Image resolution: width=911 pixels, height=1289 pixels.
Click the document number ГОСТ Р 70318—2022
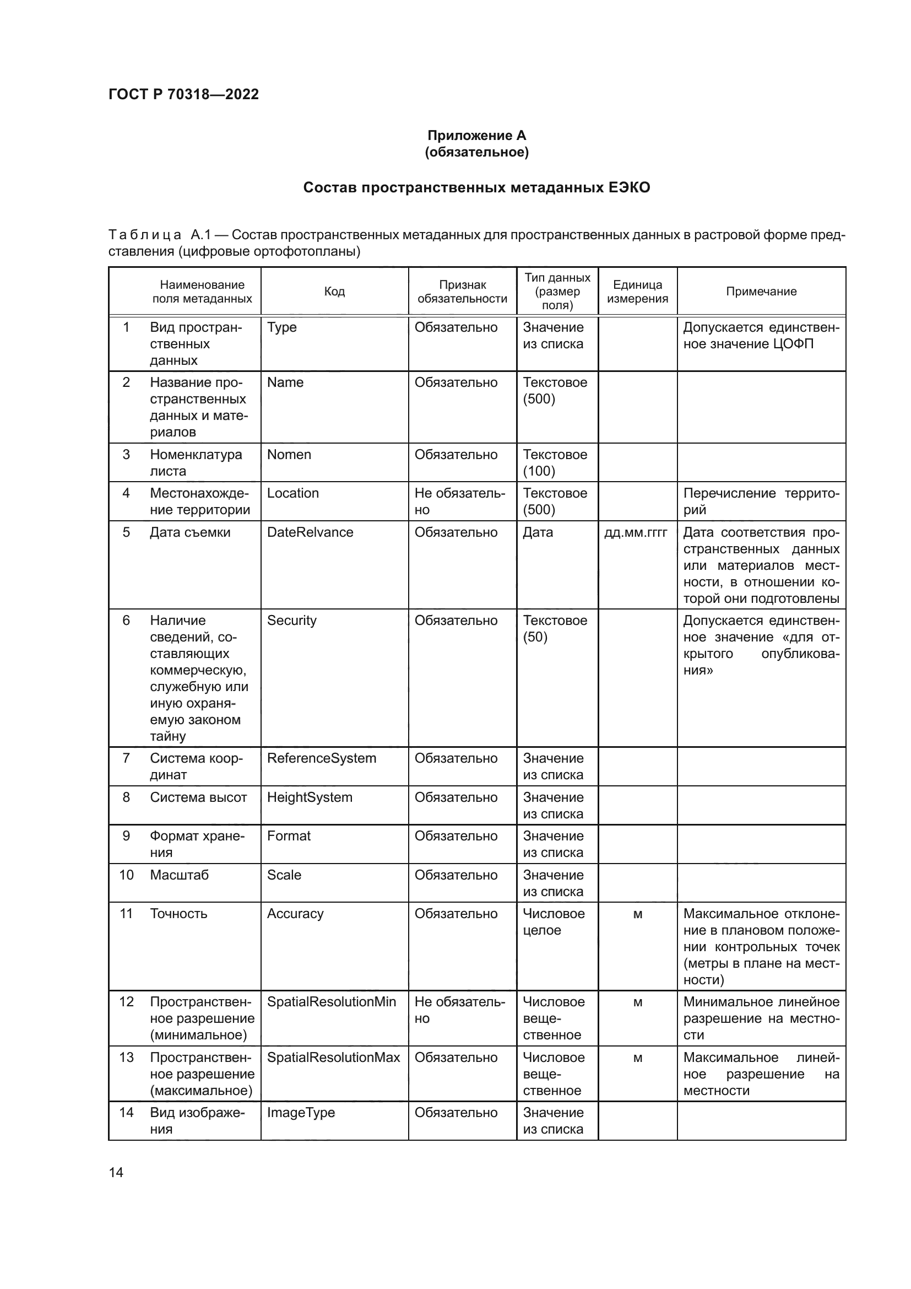click(x=183, y=94)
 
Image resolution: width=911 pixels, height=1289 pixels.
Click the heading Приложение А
click(x=476, y=136)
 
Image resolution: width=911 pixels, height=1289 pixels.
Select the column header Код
click(x=334, y=292)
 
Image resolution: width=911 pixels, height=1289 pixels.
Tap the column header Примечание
click(x=761, y=292)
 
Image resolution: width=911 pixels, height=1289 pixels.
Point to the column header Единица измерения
click(x=637, y=292)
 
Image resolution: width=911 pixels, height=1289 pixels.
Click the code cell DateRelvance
click(x=310, y=532)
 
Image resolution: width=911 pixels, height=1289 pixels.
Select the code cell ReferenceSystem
click(x=321, y=758)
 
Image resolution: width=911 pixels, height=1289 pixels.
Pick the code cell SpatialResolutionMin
click(x=331, y=1001)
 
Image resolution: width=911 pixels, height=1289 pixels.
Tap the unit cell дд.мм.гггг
click(x=636, y=532)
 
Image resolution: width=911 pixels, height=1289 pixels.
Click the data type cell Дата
click(x=538, y=532)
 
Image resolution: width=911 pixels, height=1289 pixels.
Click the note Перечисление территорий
click(x=761, y=501)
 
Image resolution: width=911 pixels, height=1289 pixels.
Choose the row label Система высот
click(x=198, y=797)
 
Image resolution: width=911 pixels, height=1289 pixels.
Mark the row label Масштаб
click(x=179, y=875)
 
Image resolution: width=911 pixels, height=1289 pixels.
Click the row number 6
click(x=126, y=621)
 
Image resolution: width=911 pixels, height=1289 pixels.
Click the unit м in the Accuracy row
click(x=637, y=914)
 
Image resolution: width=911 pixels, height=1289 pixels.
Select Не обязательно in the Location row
click(x=459, y=501)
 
